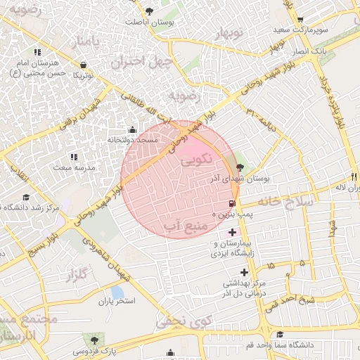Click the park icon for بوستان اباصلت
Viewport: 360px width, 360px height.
point(149,10)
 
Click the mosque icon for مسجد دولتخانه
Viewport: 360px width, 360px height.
point(133,129)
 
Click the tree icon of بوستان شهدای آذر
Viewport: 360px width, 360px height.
point(241,167)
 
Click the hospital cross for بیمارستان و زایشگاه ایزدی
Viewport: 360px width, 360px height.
point(233,231)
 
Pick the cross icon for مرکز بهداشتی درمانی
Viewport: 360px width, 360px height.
point(244,272)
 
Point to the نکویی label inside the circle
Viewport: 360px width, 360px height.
point(196,161)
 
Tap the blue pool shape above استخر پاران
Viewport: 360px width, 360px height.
point(117,291)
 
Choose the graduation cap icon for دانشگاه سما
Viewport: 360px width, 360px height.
point(281,335)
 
